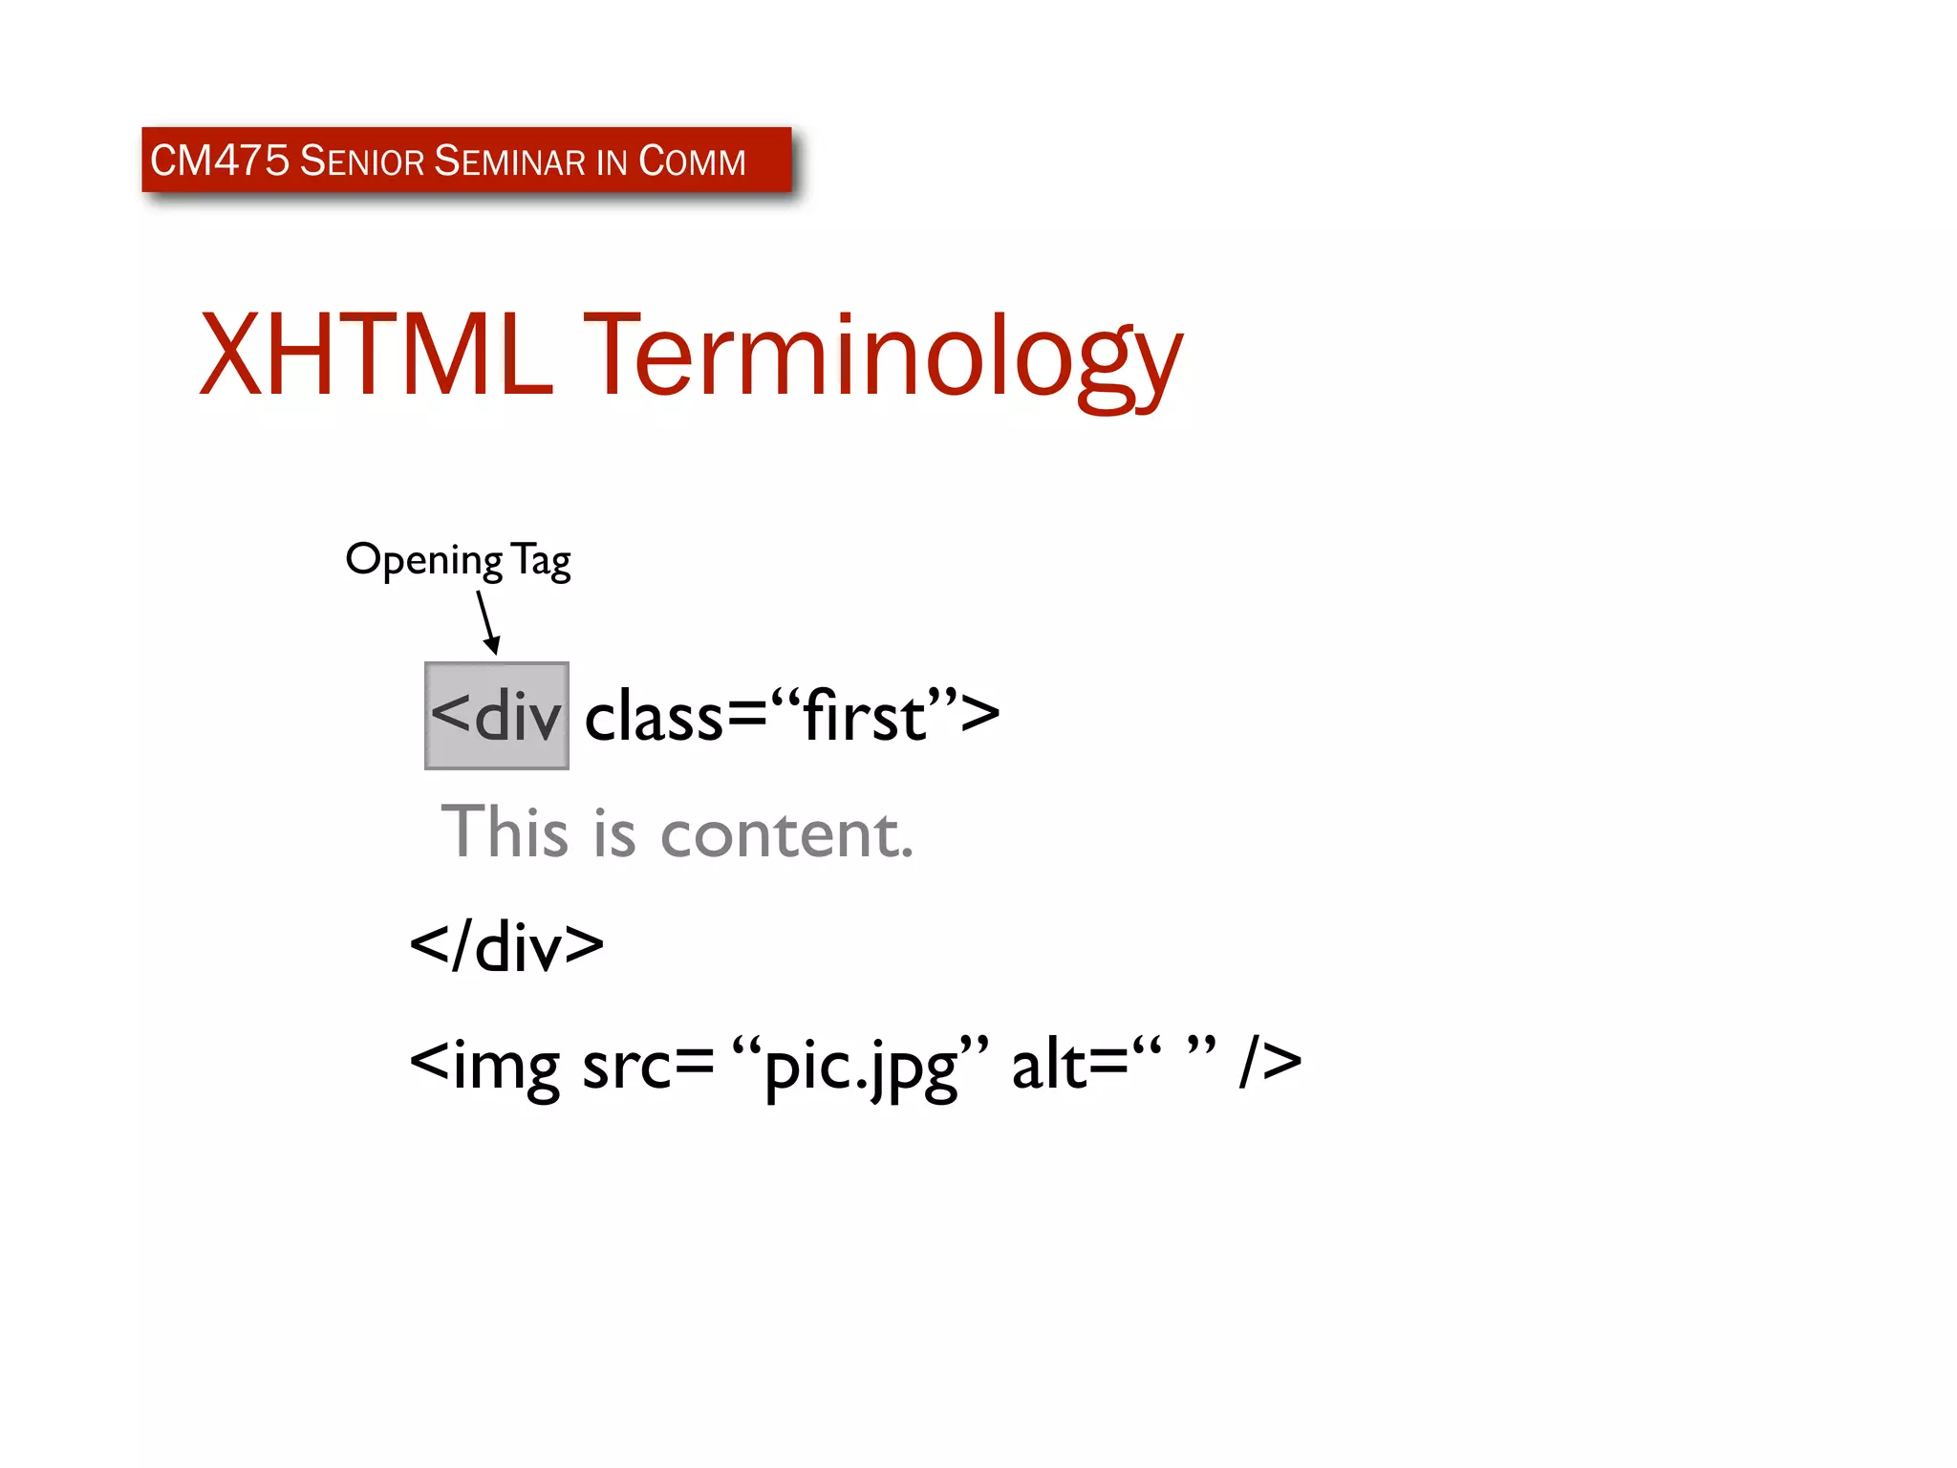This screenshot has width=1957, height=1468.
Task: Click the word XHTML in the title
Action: tap(376, 354)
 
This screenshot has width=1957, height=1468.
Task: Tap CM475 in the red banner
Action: tap(219, 161)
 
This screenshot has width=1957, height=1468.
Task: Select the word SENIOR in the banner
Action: tap(361, 161)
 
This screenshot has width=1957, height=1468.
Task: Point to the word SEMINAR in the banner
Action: tap(509, 161)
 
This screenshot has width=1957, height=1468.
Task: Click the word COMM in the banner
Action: tap(692, 161)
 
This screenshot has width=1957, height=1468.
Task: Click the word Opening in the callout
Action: tap(423, 560)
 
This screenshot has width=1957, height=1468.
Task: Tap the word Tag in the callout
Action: tap(541, 560)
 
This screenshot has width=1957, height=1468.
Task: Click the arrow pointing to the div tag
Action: tap(488, 622)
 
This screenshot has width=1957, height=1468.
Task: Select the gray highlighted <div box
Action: tap(496, 715)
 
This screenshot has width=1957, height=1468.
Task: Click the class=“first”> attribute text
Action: tap(791, 715)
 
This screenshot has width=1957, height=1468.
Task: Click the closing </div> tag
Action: tap(506, 946)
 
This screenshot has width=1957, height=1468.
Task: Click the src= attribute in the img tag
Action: tap(647, 1063)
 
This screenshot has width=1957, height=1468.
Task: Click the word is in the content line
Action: tap(613, 831)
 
